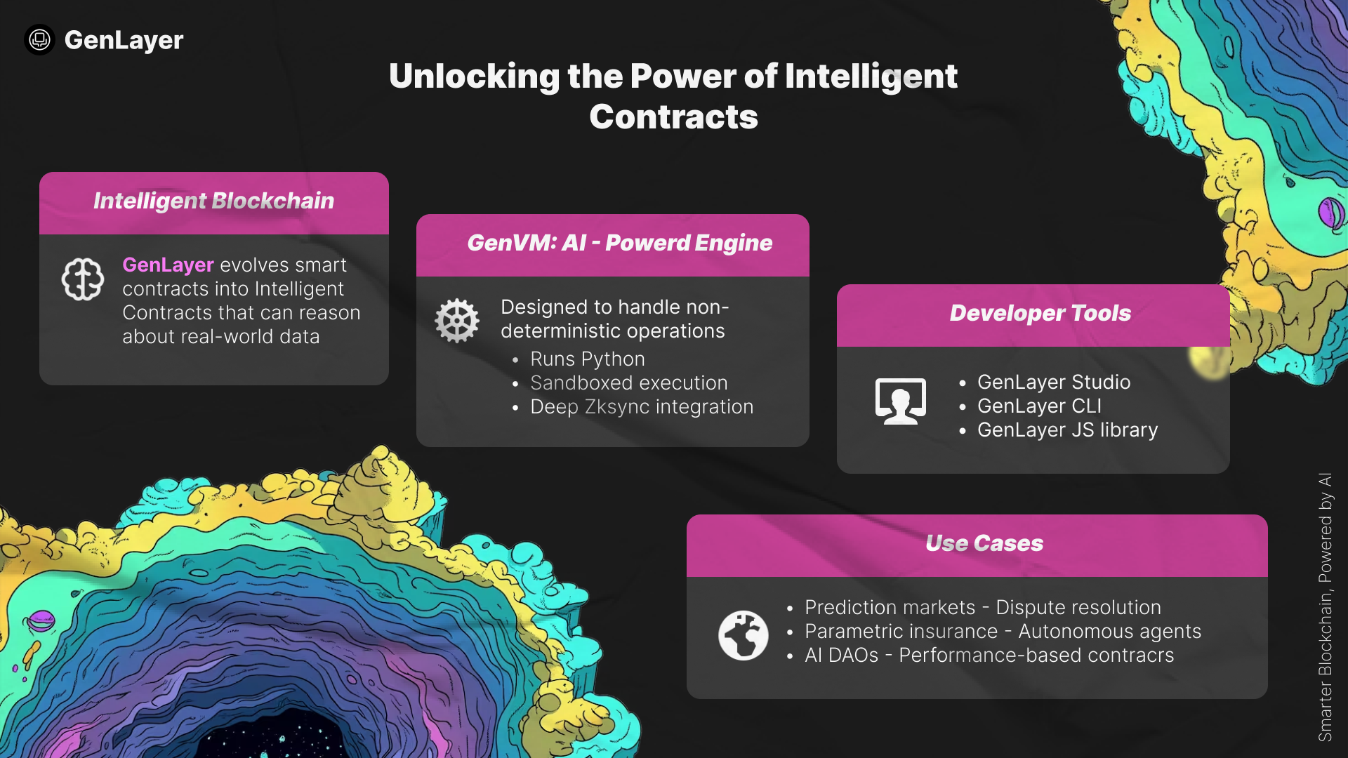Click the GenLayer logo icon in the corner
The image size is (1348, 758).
(x=39, y=40)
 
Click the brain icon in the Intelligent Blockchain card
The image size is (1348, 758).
(x=83, y=279)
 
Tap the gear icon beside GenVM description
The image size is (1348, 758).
(x=457, y=321)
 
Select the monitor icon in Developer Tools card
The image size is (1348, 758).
(x=900, y=401)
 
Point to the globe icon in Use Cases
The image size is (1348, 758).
(x=743, y=635)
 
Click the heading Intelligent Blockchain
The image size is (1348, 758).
(x=213, y=201)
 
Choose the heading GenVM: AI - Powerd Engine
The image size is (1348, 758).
(x=619, y=243)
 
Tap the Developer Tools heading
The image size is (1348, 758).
(x=1040, y=313)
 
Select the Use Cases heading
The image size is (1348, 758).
(x=984, y=543)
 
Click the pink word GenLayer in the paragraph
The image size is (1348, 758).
(x=168, y=265)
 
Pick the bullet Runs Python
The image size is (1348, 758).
(x=587, y=359)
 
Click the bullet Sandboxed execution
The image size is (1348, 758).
(x=628, y=383)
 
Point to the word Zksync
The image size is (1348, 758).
(x=617, y=407)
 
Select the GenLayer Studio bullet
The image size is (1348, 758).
(x=1053, y=383)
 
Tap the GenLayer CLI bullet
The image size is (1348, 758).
(x=1039, y=406)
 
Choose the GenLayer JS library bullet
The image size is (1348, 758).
(x=1067, y=430)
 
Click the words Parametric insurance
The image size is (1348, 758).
(x=901, y=632)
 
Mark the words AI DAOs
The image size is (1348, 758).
(x=841, y=656)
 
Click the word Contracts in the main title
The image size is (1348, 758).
(x=673, y=117)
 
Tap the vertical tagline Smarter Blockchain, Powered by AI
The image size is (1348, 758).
(x=1325, y=607)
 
